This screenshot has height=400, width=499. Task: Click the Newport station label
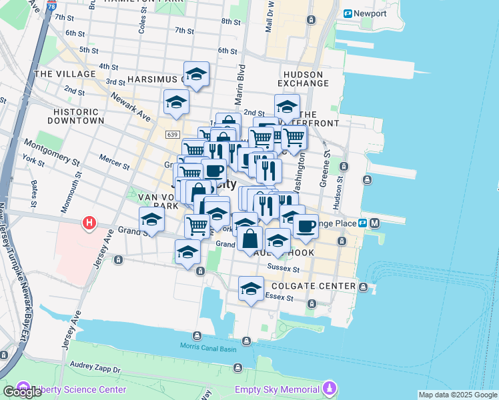click(369, 13)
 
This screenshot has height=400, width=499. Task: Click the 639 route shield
click(173, 135)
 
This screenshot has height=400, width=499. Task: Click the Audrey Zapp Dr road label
click(93, 369)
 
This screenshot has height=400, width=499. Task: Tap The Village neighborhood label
click(62, 74)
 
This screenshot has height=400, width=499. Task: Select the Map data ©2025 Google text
click(458, 395)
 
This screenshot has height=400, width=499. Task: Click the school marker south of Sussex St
click(251, 289)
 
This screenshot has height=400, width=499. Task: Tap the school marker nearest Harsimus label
click(196, 75)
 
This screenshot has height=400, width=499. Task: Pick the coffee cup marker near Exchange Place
click(306, 225)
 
